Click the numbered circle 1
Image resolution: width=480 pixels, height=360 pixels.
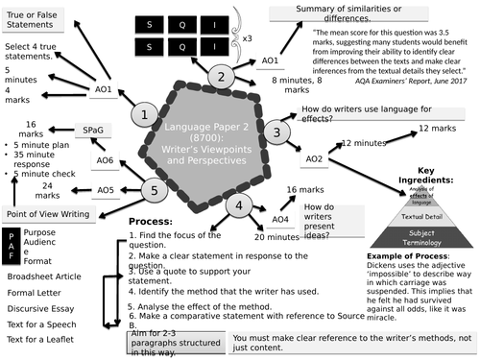click(x=144, y=116)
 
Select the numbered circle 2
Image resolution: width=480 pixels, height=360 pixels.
click(x=222, y=78)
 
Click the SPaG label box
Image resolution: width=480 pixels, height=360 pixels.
click(x=93, y=130)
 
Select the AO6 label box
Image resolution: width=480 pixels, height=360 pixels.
click(x=105, y=161)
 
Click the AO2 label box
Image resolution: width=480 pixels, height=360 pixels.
click(x=314, y=158)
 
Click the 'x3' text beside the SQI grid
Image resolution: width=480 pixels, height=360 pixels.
click(x=247, y=39)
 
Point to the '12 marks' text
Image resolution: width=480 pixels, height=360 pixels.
click(x=438, y=128)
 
